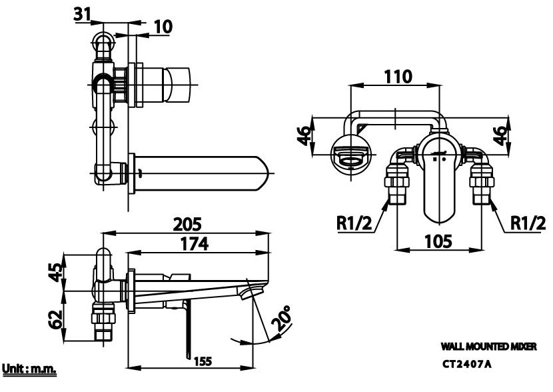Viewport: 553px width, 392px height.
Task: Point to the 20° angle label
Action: pyautogui.click(x=280, y=319)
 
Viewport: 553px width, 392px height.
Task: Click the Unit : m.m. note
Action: pyautogui.click(x=29, y=369)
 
